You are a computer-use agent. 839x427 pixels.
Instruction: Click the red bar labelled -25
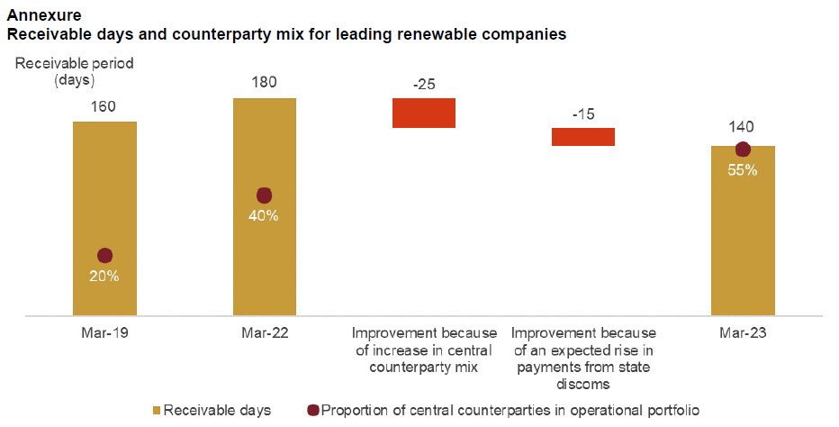424,113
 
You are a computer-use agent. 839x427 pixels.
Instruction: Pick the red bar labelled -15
582,136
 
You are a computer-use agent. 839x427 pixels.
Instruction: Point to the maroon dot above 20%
104,256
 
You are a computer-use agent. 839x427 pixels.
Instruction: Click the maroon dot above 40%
264,195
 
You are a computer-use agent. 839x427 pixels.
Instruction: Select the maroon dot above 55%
743,150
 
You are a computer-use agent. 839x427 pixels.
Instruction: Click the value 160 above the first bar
104,106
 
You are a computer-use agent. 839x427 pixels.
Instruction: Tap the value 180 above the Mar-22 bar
264,83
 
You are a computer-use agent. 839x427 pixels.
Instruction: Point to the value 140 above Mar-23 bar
743,127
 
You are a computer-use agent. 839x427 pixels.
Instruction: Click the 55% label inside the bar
743,169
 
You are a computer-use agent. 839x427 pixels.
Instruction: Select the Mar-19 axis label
104,332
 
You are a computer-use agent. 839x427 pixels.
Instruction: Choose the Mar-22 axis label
264,332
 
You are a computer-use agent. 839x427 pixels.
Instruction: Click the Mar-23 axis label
743,332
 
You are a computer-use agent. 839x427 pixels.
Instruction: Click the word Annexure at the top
41,15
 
